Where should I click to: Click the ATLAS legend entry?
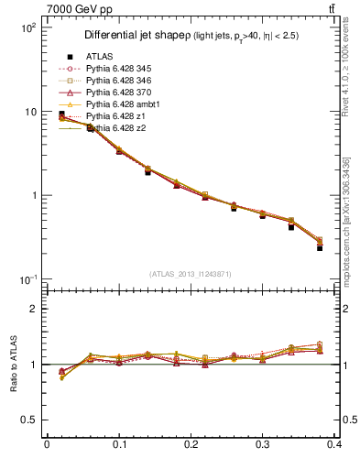(98, 57)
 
